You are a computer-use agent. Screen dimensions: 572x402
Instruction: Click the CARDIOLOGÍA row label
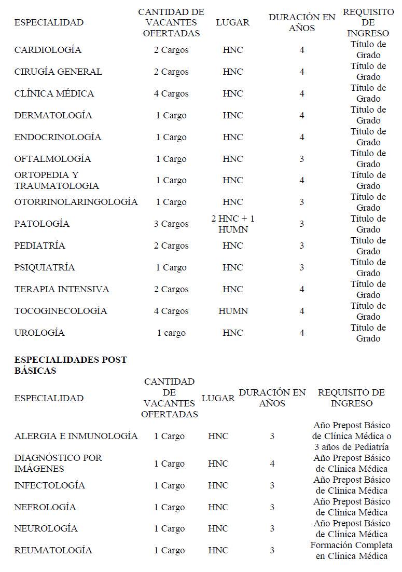48,50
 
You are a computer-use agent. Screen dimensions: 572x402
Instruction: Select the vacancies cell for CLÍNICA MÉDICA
171,94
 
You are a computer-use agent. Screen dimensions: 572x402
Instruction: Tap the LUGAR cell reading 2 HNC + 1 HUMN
233,224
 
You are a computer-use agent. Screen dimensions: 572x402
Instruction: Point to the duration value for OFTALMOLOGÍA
302,159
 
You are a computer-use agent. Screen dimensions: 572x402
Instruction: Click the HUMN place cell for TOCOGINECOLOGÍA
233,311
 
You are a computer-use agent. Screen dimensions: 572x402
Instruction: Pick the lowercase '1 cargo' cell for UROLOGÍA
171,333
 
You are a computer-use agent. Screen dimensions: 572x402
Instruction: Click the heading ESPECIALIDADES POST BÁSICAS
71,365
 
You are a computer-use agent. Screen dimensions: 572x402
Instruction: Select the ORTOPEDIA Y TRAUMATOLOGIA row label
57,180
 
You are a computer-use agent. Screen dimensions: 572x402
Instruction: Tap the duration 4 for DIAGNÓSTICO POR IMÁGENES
272,464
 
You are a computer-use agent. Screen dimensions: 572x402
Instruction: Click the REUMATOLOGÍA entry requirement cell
351,550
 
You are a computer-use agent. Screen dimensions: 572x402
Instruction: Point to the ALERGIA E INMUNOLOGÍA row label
76,436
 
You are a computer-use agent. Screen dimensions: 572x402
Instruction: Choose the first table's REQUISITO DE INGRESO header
368,22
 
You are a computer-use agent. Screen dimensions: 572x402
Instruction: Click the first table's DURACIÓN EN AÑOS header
302,22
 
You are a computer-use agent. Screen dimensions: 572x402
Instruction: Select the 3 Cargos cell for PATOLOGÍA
171,224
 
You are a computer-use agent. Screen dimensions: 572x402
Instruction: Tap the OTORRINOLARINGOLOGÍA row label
76,202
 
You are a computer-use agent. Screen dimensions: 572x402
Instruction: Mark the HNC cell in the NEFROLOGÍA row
218,507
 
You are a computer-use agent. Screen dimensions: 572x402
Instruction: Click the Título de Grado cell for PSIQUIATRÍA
368,267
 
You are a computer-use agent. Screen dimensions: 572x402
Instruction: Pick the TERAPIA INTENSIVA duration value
302,289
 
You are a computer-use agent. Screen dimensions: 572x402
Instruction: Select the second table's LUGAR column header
218,398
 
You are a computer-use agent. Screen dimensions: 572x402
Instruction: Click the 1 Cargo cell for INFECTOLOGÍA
169,485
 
